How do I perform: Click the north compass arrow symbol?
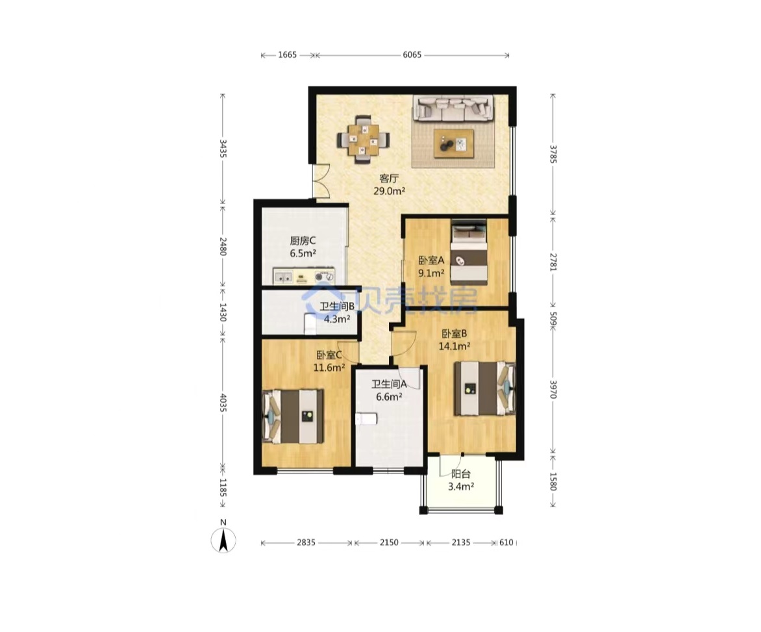223,540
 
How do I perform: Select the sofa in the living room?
453,108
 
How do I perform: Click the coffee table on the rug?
454,144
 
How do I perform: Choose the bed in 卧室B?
484,388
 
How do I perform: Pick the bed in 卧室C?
293,416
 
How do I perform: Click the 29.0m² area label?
389,191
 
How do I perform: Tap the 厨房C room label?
303,240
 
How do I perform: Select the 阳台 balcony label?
460,474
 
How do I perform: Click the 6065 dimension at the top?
412,55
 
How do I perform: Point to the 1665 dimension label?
287,55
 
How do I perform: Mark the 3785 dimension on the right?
553,153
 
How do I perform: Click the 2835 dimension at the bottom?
306,542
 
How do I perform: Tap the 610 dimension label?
506,542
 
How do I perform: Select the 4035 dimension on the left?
223,403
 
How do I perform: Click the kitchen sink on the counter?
283,277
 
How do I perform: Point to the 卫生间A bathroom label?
389,385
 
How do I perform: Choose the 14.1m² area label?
455,346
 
